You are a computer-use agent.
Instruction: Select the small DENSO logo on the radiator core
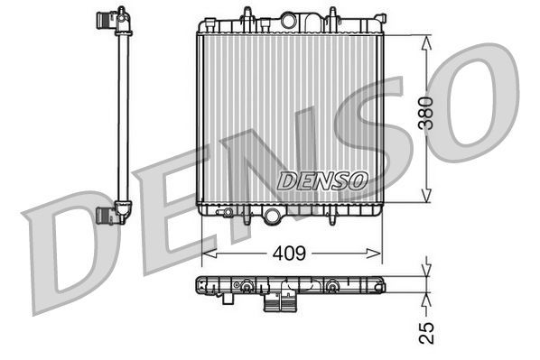coord(322,180)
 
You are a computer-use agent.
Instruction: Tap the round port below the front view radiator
coord(273,214)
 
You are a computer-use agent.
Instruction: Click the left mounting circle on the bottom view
coord(244,287)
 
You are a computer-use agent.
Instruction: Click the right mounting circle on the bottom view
coord(333,287)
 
